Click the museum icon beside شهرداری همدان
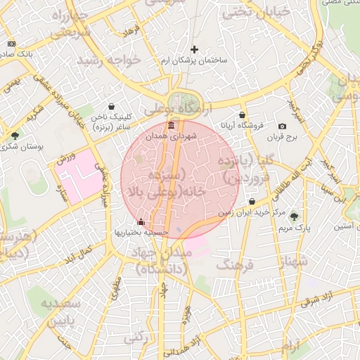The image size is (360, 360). pyautogui.click(x=172, y=126)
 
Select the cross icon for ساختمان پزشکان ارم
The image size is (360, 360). pyautogui.click(x=195, y=50)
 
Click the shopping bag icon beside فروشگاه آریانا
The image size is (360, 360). pyautogui.click(x=243, y=115)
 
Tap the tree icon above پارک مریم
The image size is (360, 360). pyautogui.click(x=294, y=217)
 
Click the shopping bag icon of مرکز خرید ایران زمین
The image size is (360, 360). pyautogui.click(x=252, y=202)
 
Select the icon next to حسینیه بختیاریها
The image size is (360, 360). pyautogui.click(x=141, y=223)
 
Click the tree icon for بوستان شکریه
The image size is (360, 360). pyautogui.click(x=15, y=135)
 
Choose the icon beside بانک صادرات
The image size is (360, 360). pyautogui.click(x=11, y=44)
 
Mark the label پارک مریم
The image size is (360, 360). pyautogui.click(x=294, y=229)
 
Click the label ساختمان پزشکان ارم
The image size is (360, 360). pyautogui.click(x=195, y=61)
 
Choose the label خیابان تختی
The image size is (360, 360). pyautogui.click(x=246, y=13)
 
